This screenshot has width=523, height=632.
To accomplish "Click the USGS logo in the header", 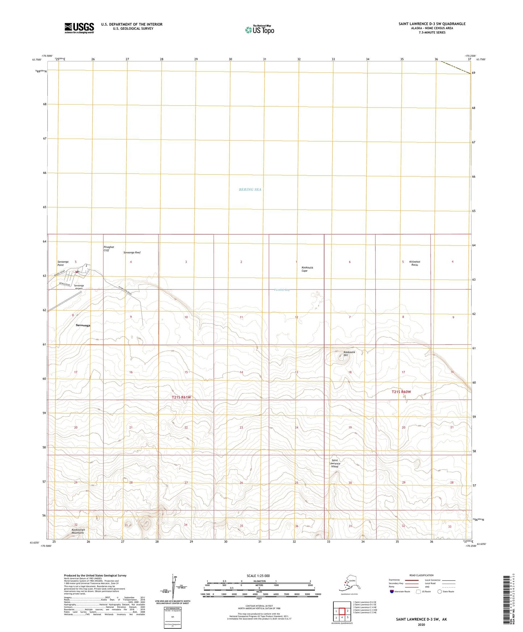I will (79, 28).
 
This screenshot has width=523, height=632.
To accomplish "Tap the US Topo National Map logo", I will (259, 29).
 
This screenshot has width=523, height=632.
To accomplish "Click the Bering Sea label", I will (250, 190).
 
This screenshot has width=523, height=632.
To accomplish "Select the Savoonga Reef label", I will (132, 253).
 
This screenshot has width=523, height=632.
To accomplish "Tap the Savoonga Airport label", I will (79, 287).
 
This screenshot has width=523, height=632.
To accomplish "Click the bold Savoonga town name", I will (83, 325).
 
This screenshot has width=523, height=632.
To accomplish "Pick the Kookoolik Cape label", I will (307, 269).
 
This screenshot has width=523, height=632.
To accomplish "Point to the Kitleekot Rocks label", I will (414, 263).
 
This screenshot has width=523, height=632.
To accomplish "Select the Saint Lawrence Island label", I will (336, 463).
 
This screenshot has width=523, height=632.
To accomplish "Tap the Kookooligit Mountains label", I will (77, 531).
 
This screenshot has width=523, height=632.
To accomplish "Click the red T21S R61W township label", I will (181, 397).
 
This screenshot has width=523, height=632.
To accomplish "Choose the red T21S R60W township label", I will (401, 392).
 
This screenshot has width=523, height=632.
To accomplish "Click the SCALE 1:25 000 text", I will (258, 576).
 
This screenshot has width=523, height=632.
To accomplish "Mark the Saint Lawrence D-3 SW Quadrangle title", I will (432, 24).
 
